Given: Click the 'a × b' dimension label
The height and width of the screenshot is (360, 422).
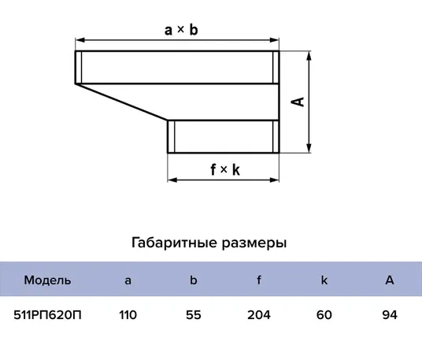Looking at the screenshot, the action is pyautogui.click(x=181, y=29).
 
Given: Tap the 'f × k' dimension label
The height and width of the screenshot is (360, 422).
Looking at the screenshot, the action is pyautogui.click(x=225, y=169).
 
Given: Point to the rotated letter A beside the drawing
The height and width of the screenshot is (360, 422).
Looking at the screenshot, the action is pyautogui.click(x=298, y=102).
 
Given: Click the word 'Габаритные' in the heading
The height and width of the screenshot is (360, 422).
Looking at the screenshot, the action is pyautogui.click(x=175, y=243).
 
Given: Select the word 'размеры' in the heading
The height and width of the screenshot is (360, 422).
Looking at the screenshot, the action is pyautogui.click(x=254, y=243).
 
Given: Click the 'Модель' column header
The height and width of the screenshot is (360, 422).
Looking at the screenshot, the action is pyautogui.click(x=47, y=280).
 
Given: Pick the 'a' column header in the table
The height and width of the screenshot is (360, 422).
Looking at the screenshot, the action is pyautogui.click(x=128, y=281).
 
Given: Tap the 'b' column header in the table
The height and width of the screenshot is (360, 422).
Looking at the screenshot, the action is pyautogui.click(x=193, y=280).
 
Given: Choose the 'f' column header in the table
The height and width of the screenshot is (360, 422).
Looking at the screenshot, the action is pyautogui.click(x=259, y=280).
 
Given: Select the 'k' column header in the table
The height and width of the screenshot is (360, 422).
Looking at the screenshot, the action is pyautogui.click(x=324, y=280).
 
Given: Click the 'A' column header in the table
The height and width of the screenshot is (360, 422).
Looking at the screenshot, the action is pyautogui.click(x=390, y=280).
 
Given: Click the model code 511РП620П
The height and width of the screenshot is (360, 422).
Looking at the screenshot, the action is pyautogui.click(x=47, y=315).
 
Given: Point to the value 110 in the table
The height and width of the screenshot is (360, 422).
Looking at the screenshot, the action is pyautogui.click(x=128, y=315).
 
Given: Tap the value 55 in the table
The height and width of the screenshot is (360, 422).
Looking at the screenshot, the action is pyautogui.click(x=194, y=315).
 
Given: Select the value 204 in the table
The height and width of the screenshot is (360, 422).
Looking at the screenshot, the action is pyautogui.click(x=259, y=315).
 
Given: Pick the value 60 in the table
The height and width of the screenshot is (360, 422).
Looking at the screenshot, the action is pyautogui.click(x=324, y=315).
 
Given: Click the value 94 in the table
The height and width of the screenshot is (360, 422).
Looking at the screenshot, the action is pyautogui.click(x=390, y=315).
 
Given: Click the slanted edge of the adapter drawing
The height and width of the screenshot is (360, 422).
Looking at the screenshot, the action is pyautogui.click(x=121, y=102).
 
